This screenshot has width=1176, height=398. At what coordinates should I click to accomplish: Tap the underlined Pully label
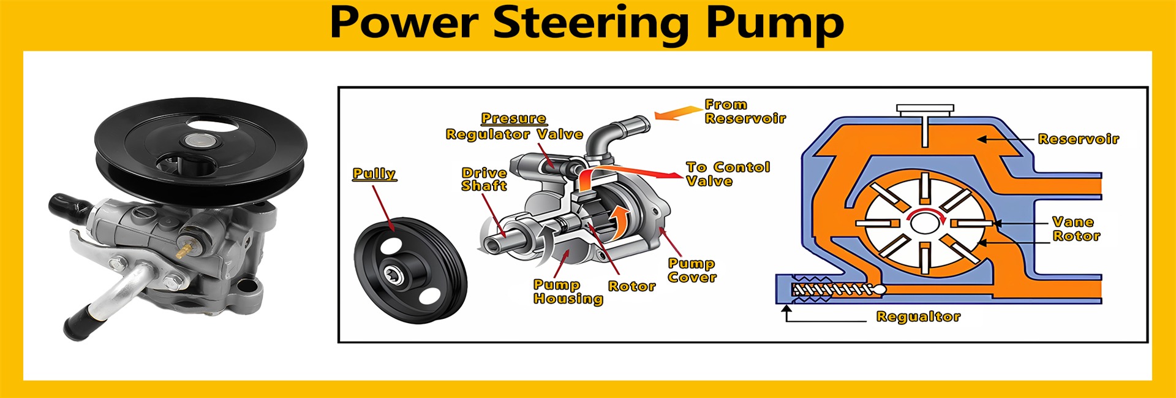point(374,174)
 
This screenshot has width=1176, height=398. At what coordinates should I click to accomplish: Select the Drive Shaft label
point(484,179)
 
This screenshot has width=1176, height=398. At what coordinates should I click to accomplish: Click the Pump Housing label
point(568,292)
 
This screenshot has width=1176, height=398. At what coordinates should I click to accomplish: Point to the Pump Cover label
point(692,270)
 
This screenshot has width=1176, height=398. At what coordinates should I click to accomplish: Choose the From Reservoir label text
point(745,112)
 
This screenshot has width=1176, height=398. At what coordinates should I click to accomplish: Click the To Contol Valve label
point(728,174)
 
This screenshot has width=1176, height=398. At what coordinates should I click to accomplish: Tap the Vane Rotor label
point(1076,229)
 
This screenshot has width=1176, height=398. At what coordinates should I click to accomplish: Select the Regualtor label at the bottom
point(918,316)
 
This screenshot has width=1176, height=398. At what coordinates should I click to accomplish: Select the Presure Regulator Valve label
point(514,127)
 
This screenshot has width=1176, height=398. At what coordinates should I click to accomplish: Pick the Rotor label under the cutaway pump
point(631,286)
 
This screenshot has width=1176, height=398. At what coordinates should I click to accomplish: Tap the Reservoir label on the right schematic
point(1078,139)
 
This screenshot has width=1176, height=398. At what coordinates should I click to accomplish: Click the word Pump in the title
point(775,23)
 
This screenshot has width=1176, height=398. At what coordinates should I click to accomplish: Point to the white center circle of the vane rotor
point(925,223)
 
